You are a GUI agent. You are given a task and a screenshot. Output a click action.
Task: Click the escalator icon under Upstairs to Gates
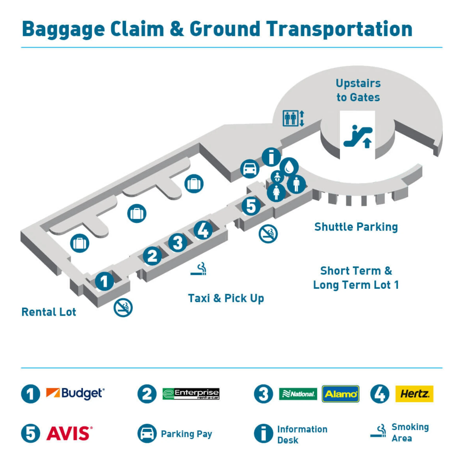358,137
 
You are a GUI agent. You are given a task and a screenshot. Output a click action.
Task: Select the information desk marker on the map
271,157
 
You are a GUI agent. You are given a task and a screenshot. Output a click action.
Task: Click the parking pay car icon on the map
250,169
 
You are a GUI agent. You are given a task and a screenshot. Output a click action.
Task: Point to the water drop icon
289,167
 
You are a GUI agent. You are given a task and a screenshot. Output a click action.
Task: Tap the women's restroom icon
276,193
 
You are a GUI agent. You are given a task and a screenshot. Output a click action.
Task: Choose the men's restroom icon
296,184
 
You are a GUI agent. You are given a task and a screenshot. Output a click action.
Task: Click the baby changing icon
277,177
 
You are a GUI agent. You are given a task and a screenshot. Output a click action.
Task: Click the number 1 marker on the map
104,281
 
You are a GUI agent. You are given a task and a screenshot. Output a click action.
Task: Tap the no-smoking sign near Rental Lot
123,307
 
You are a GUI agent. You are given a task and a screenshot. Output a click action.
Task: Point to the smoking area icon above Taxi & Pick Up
199,269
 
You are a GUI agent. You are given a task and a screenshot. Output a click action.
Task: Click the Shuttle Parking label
356,227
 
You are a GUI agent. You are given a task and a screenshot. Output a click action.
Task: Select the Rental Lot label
49,312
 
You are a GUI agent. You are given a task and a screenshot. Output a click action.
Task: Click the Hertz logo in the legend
414,394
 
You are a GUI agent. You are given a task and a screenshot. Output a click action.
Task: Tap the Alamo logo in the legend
340,394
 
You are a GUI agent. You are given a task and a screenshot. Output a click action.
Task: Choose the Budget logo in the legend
75,393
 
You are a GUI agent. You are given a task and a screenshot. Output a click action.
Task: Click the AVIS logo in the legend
69,433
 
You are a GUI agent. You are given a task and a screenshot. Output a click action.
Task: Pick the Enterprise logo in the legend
191,394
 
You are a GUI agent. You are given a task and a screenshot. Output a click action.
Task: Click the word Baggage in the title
63,29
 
